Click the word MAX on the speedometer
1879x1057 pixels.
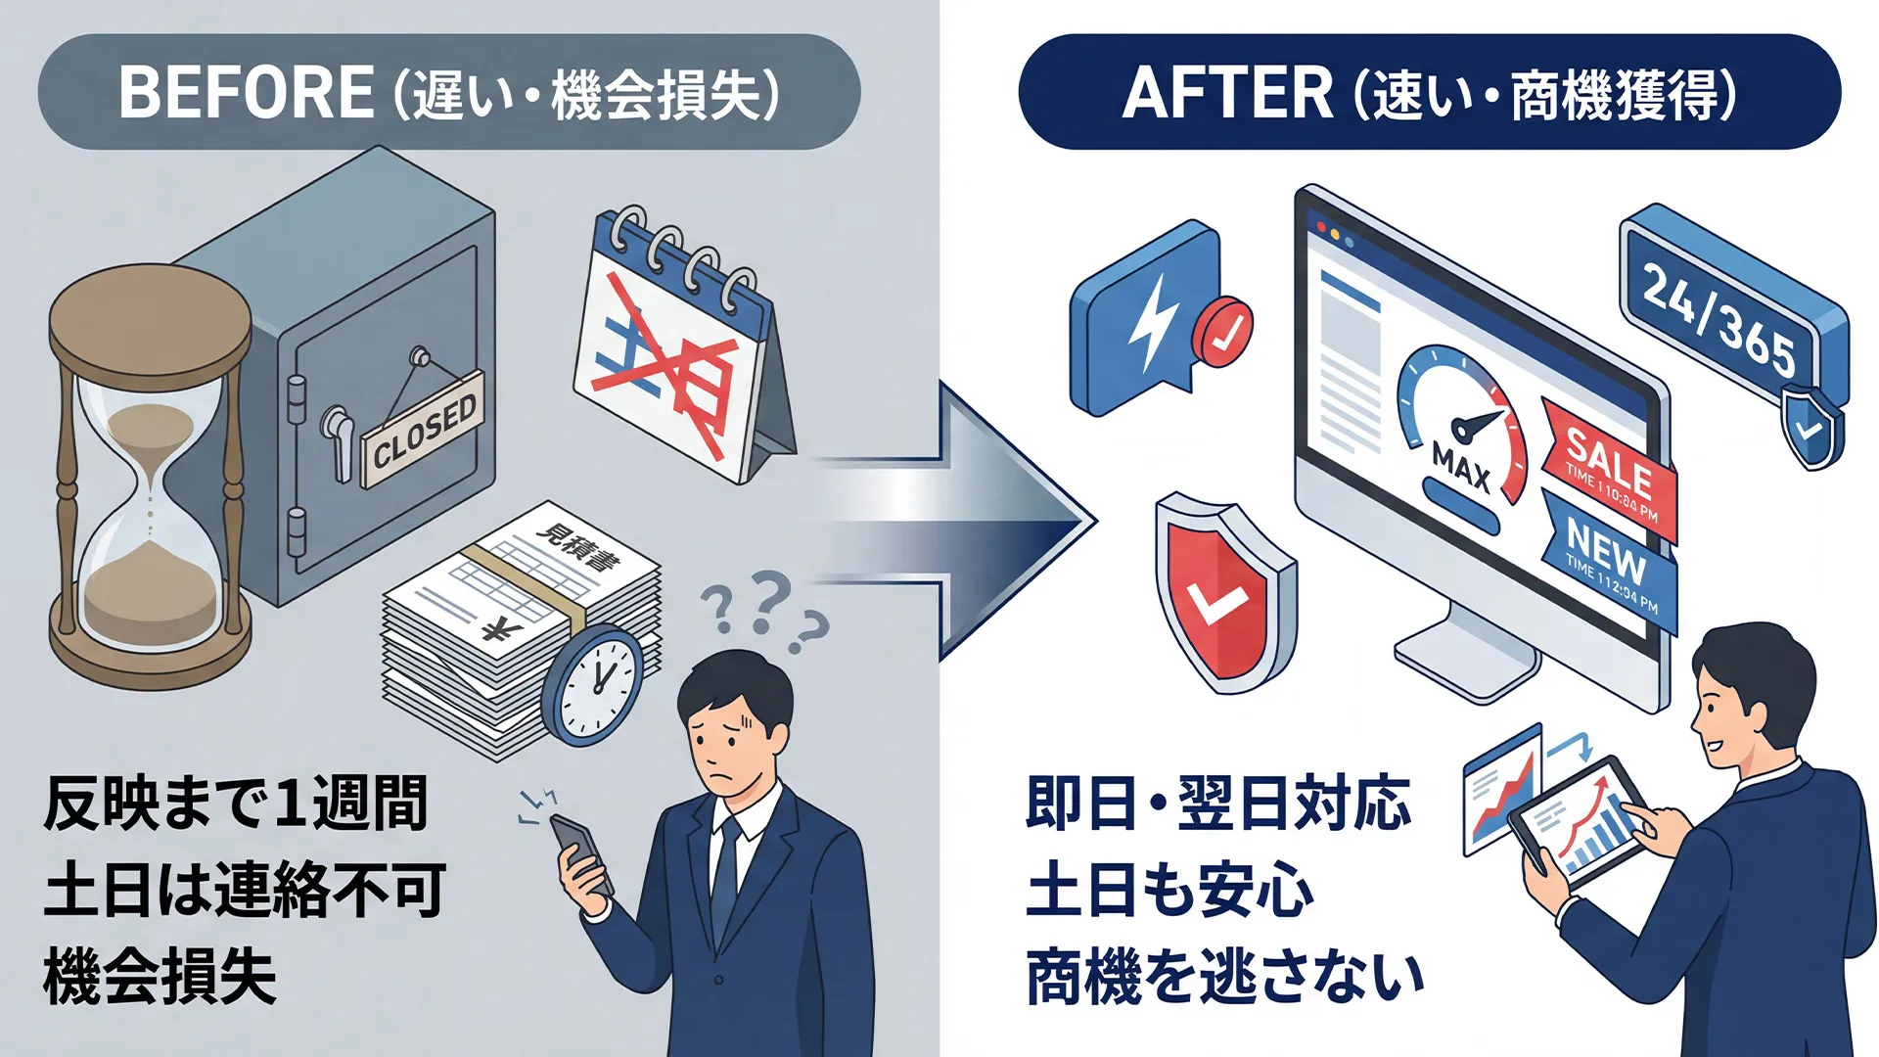pos(1460,468)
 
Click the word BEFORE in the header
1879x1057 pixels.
pos(246,93)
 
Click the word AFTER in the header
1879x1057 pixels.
pos(1227,93)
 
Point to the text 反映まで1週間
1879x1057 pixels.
pos(236,804)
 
